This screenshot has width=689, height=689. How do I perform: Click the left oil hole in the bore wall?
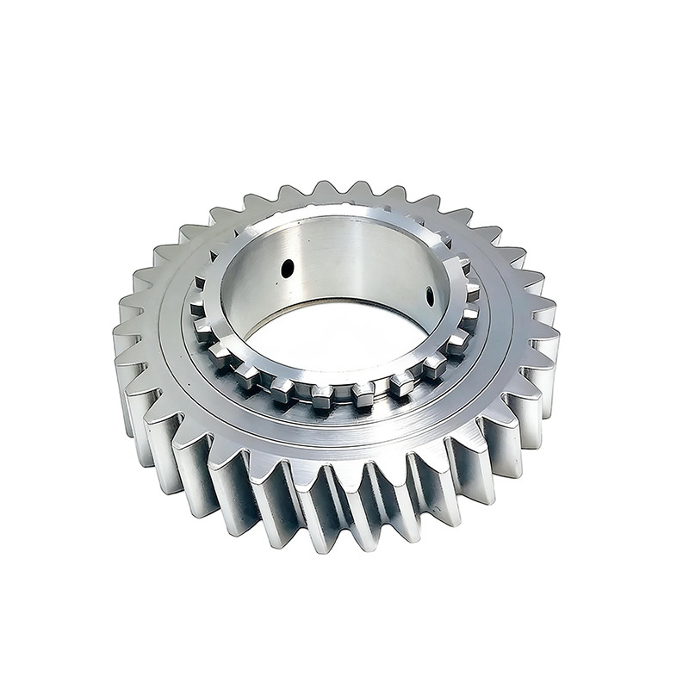(x=287, y=269)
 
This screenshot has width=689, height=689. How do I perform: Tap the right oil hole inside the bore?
(x=430, y=296)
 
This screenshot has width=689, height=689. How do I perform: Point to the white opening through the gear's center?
(x=344, y=340)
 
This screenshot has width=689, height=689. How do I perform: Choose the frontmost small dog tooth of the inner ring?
(x=321, y=396)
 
